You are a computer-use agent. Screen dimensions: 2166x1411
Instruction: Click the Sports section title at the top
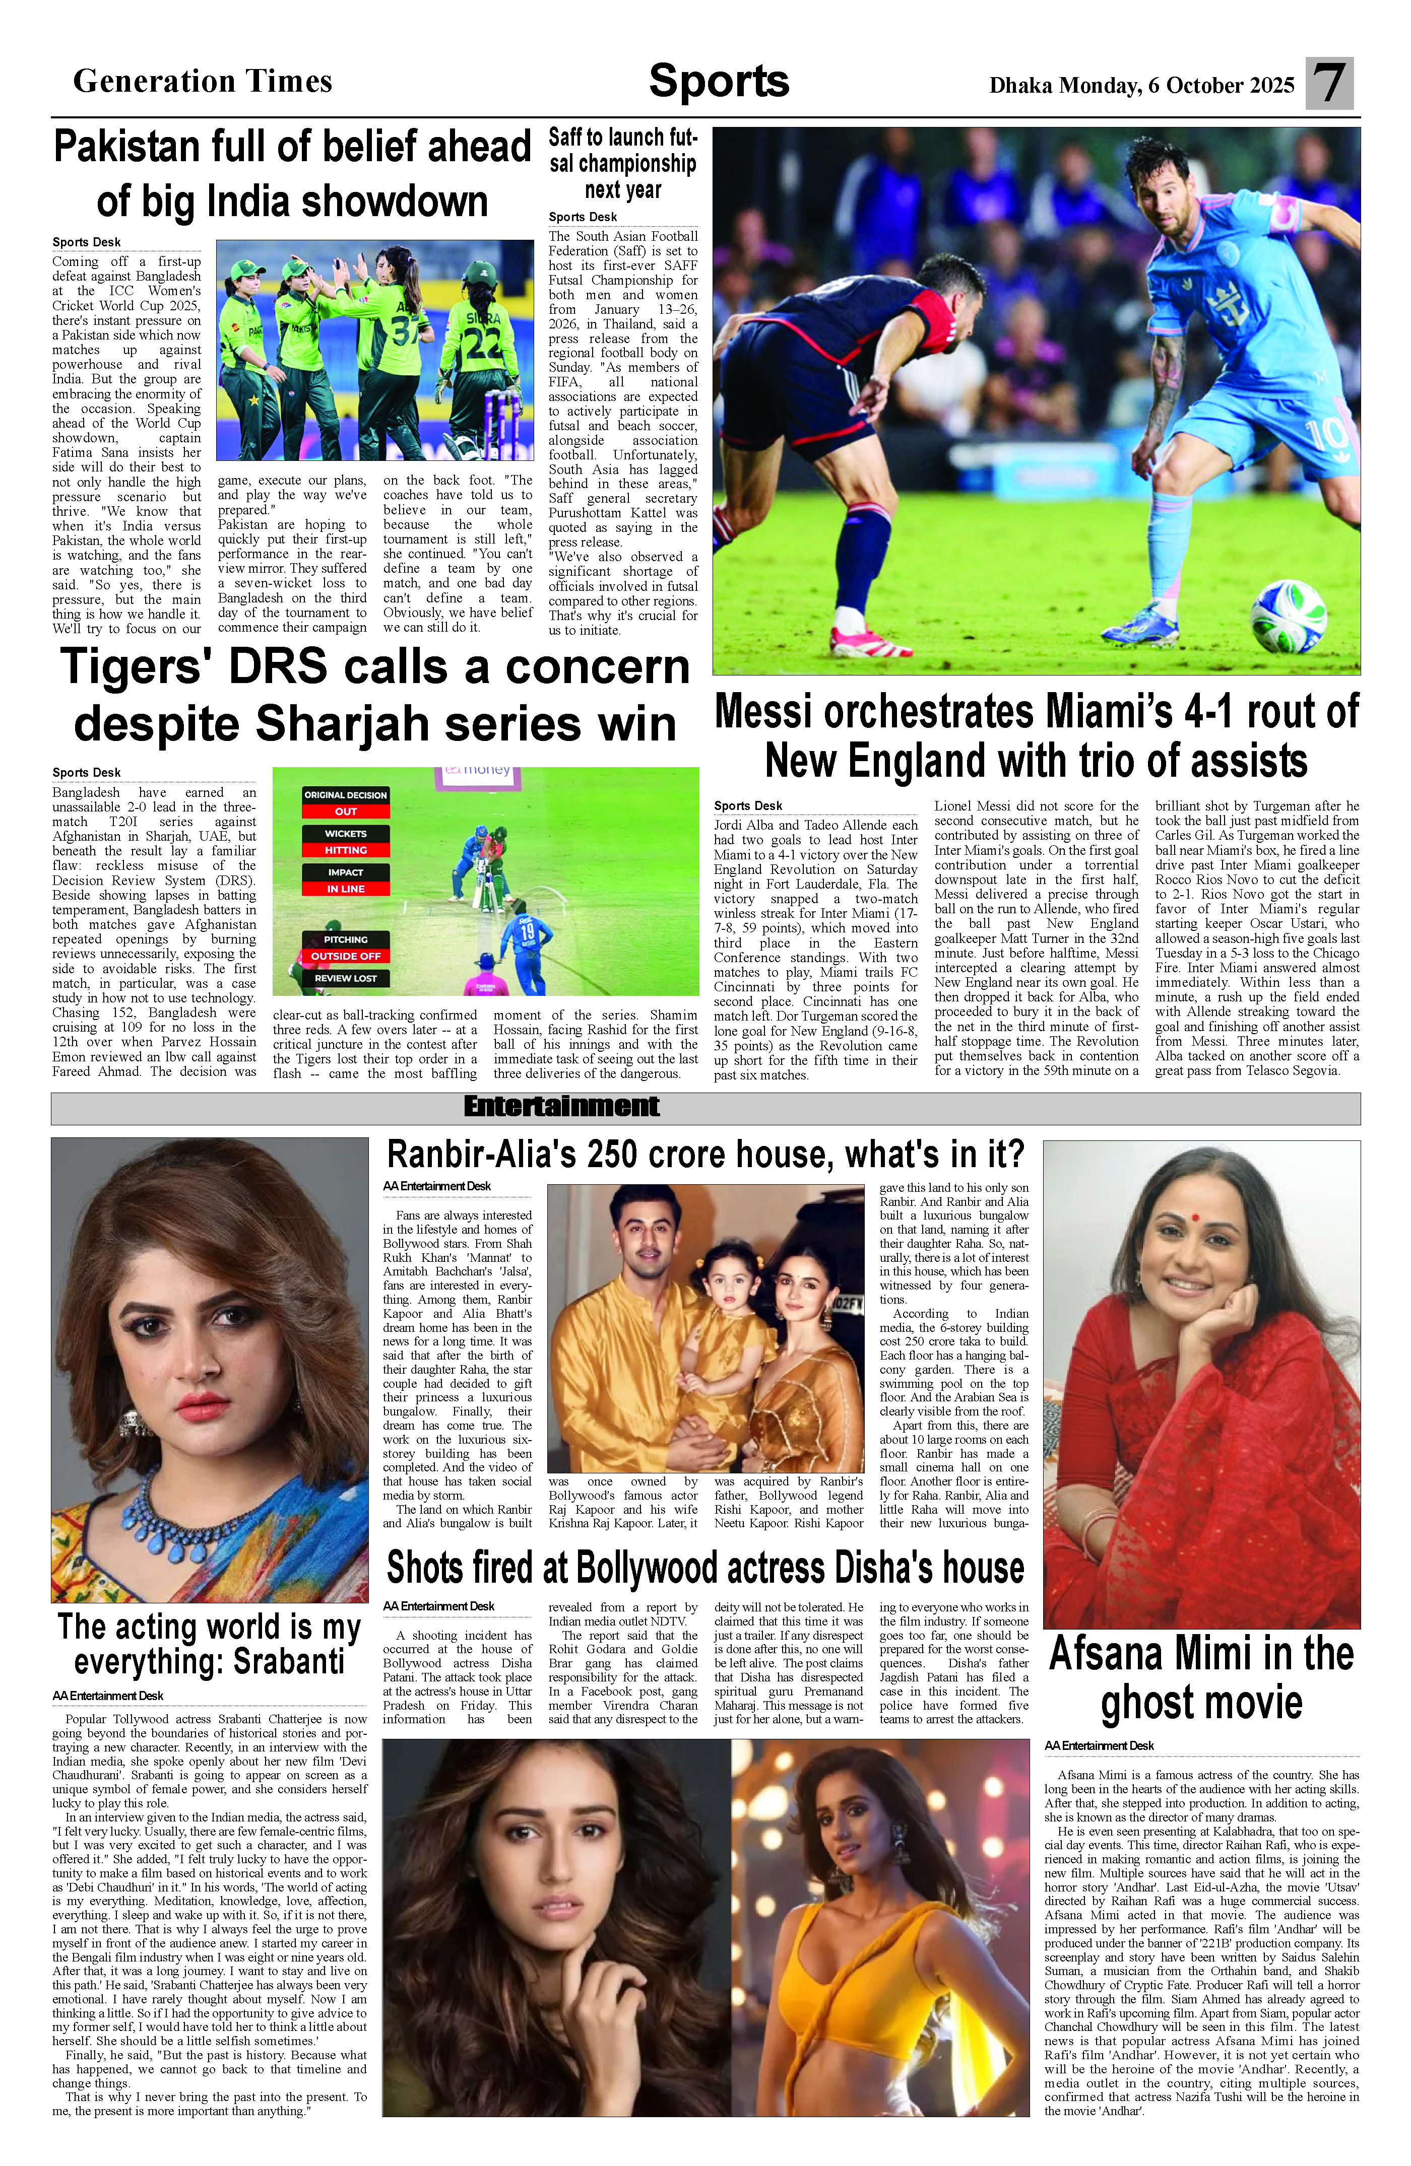(x=718, y=82)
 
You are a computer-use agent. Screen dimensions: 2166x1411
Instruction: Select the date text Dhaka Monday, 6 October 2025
(x=1141, y=86)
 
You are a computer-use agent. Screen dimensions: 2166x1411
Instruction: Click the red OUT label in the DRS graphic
(x=346, y=811)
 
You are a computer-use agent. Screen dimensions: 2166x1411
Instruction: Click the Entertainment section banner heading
(x=561, y=1107)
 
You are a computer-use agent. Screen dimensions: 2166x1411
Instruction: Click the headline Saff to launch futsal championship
(x=623, y=164)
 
